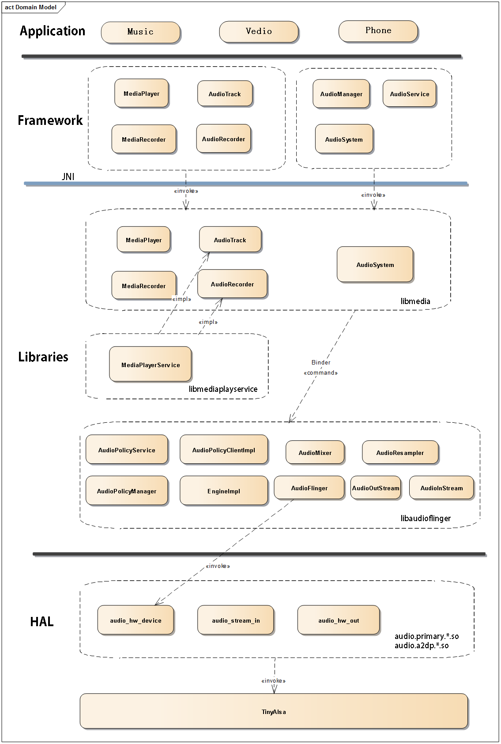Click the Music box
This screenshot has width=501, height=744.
click(140, 32)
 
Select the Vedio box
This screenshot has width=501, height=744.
click(259, 32)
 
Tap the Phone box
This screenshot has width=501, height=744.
click(378, 31)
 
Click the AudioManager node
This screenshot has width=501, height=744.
click(341, 94)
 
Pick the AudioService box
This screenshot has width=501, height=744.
click(410, 94)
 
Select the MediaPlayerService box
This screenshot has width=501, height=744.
click(151, 364)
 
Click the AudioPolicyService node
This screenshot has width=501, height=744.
click(127, 450)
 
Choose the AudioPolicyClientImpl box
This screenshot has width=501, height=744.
click(224, 450)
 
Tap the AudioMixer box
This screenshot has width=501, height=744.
click(315, 452)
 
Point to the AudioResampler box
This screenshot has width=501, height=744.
click(400, 452)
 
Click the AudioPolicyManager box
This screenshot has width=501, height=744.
click(127, 491)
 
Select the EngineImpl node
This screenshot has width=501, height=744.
click(224, 491)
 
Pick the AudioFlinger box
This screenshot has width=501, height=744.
click(309, 488)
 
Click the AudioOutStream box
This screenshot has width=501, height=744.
click(376, 488)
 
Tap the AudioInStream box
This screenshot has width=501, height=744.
click(442, 488)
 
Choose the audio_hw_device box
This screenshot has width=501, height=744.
click(136, 620)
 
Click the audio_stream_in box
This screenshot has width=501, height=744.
click(236, 620)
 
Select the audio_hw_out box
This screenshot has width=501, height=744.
click(339, 620)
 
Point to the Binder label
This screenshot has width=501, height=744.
click(321, 362)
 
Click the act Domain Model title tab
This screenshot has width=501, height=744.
click(31, 7)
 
